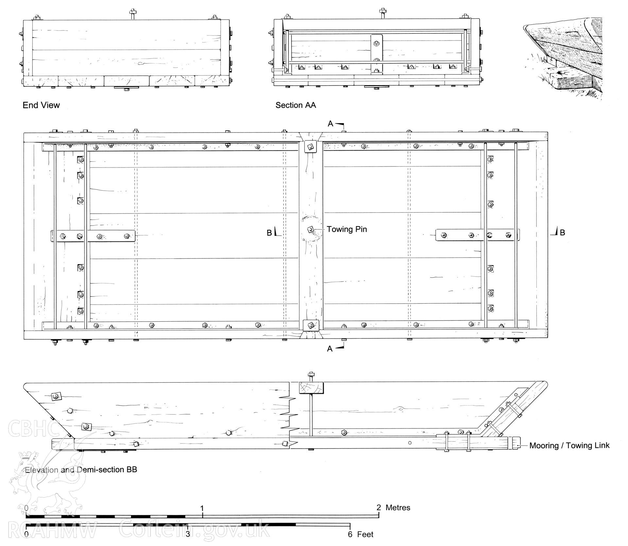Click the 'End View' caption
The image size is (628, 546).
pyautogui.click(x=41, y=105)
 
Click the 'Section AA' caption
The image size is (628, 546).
pyautogui.click(x=296, y=105)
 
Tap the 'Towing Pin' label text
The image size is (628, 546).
pyautogui.click(x=347, y=229)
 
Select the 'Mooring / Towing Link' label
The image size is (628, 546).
pyautogui.click(x=569, y=445)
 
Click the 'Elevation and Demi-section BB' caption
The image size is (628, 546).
pyautogui.click(x=81, y=469)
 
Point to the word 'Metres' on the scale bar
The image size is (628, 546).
pyautogui.click(x=398, y=507)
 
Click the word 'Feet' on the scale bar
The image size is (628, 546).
pyautogui.click(x=365, y=535)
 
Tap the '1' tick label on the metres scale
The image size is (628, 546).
pyautogui.click(x=202, y=508)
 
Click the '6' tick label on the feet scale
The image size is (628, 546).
pyautogui.click(x=350, y=535)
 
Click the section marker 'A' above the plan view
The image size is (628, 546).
pyautogui.click(x=330, y=124)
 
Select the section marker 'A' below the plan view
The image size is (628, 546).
pyautogui.click(x=330, y=349)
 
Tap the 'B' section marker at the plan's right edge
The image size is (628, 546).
pyautogui.click(x=563, y=233)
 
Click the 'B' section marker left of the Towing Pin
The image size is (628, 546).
pyautogui.click(x=269, y=233)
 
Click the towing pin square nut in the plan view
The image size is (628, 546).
pyautogui.click(x=310, y=229)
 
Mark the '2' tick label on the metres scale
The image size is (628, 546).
pyautogui.click(x=379, y=507)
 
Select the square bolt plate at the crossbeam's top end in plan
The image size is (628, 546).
pyautogui.click(x=310, y=146)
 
